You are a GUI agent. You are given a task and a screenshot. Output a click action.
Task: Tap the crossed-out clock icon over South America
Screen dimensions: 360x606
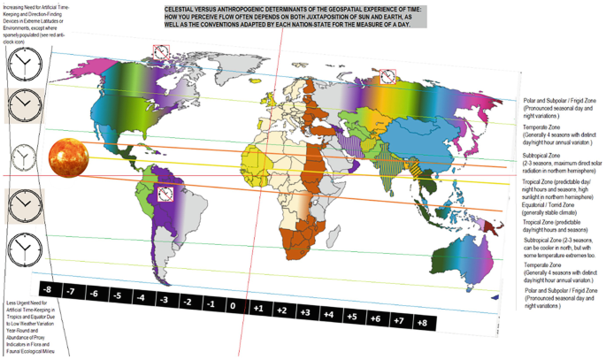point(165,192)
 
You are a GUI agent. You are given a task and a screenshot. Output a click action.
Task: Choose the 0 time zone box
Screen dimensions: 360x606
point(231,306)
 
